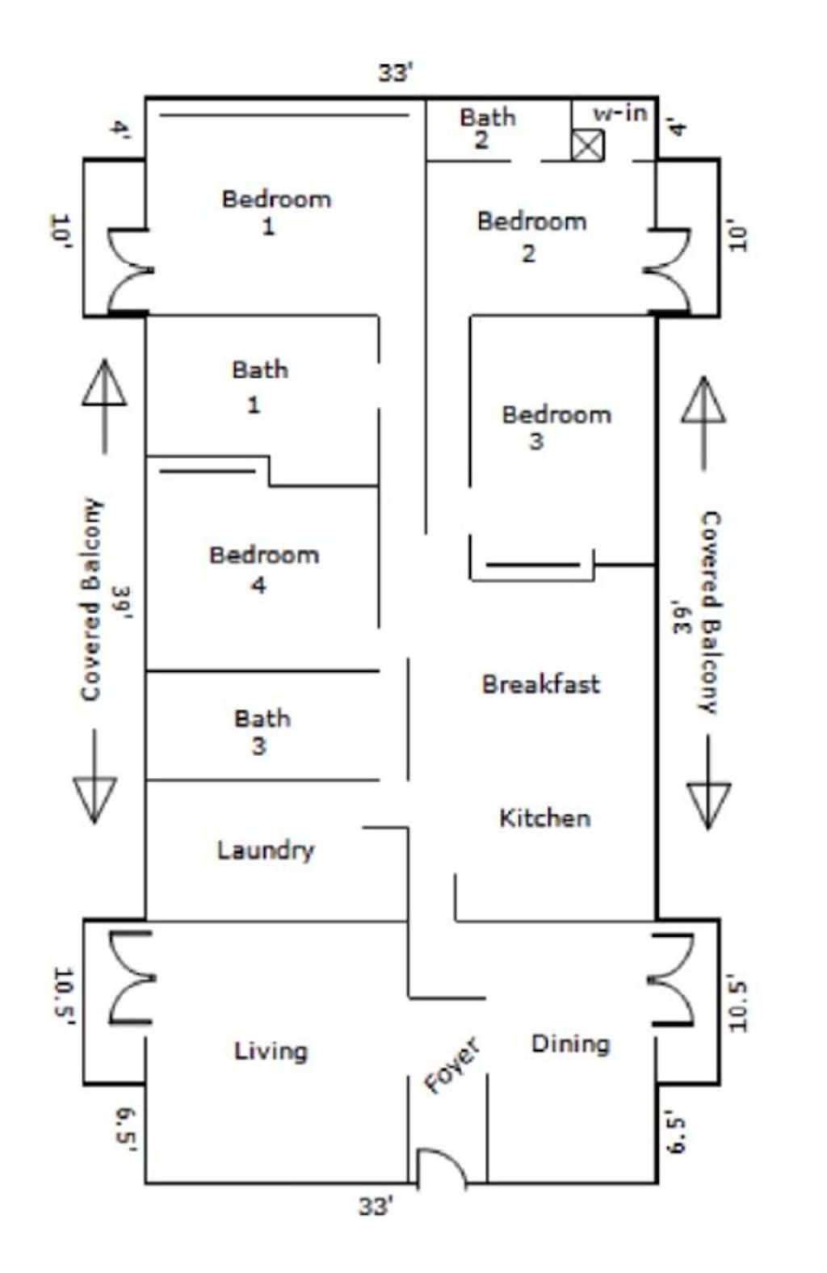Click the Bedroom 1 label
(276, 211)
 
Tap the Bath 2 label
(486, 128)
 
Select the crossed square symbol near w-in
(587, 145)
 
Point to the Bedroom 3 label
(556, 426)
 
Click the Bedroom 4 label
(263, 568)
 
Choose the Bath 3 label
(262, 731)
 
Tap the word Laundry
(265, 850)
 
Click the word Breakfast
(540, 684)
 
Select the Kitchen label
(544, 817)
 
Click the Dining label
(570, 1044)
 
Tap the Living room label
(271, 1051)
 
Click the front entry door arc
(441, 1168)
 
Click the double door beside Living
(131, 977)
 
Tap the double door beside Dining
(671, 979)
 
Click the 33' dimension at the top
(395, 73)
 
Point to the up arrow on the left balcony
(104, 404)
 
